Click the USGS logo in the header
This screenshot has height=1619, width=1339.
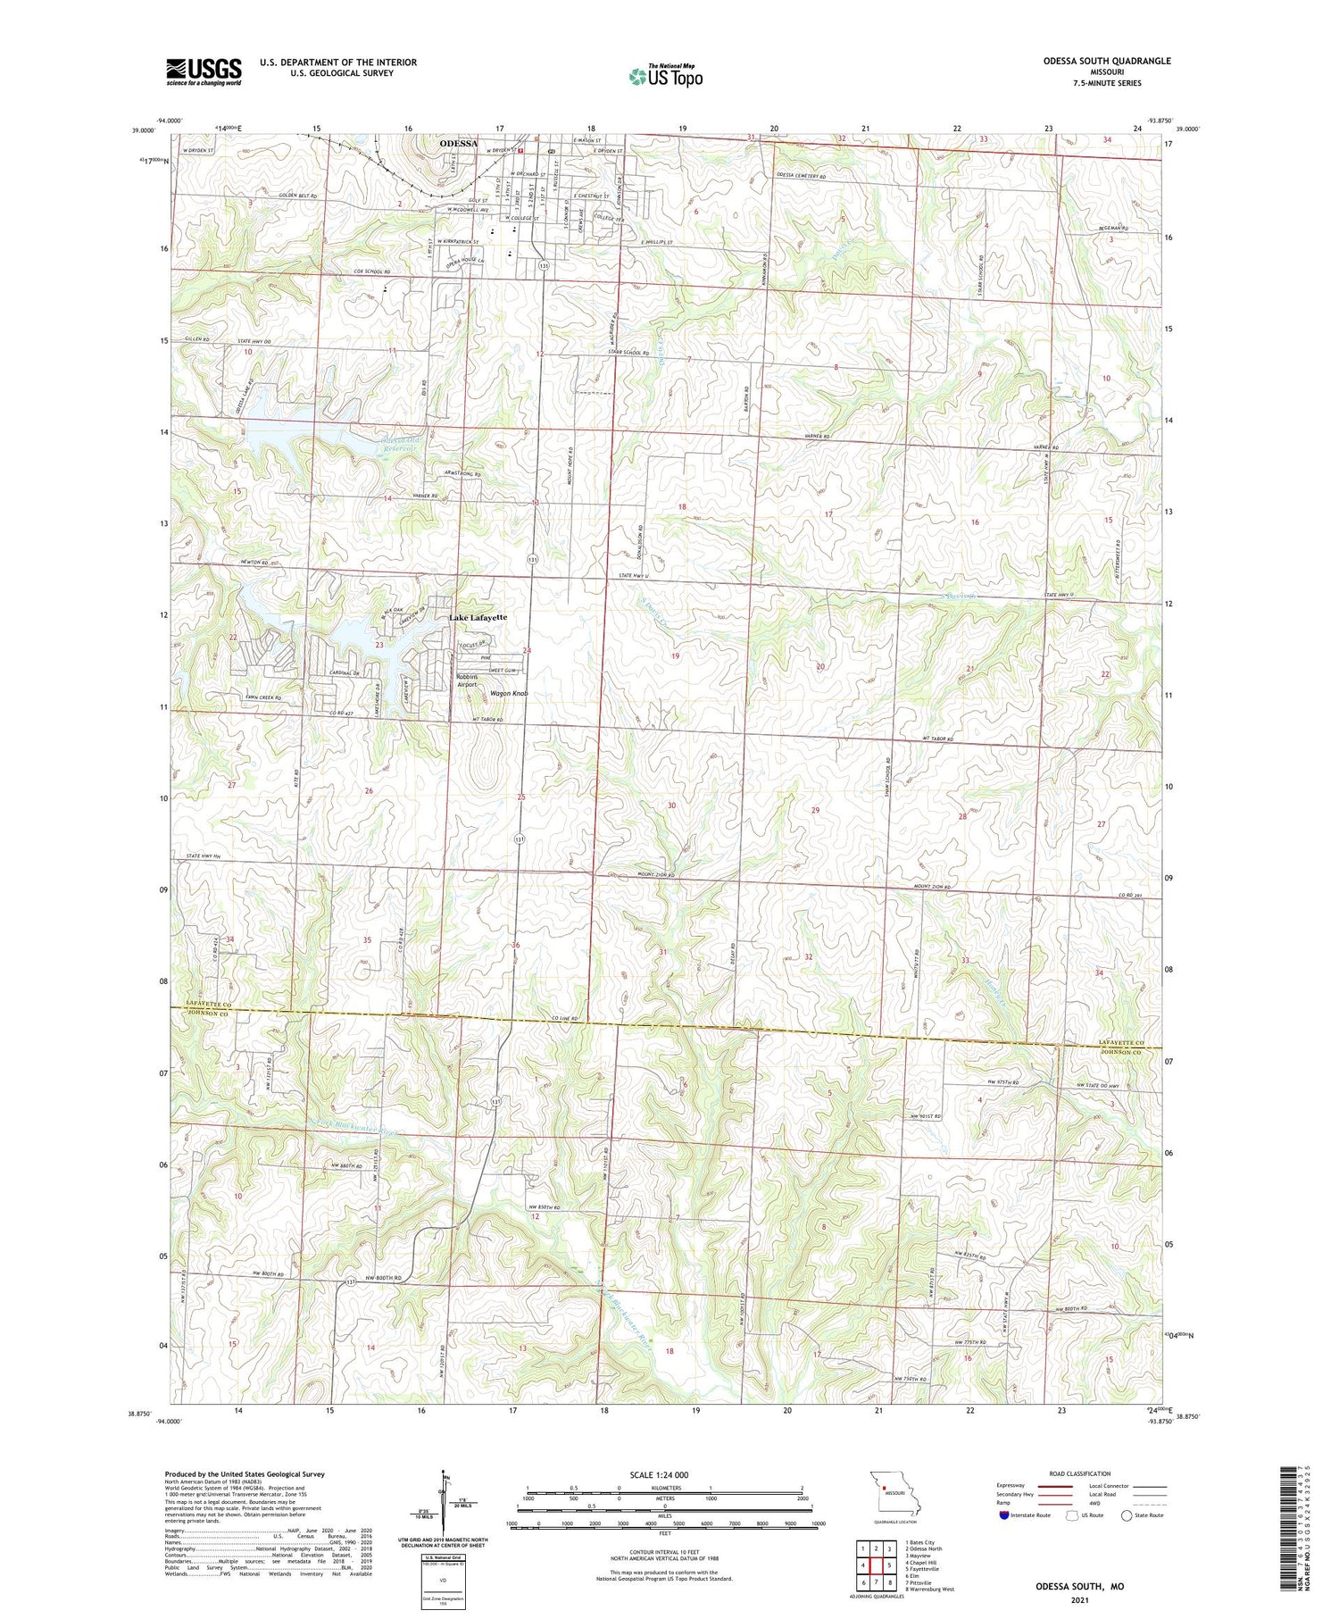pos(204,71)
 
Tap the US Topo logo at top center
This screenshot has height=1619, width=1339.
pos(665,76)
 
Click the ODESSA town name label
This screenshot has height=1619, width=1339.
pos(456,143)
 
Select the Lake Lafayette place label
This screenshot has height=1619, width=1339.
pos(478,617)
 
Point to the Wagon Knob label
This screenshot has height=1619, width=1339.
pos(509,693)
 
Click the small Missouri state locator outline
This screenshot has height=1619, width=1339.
pos(898,1492)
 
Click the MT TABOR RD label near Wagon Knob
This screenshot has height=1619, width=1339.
pos(488,719)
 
